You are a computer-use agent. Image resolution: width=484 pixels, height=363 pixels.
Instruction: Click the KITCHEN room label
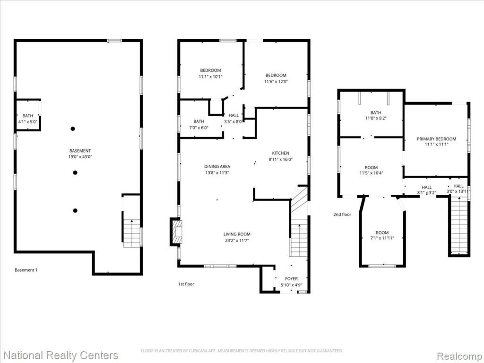coord(281,153)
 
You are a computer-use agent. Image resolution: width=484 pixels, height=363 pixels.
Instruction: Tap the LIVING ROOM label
coord(237,234)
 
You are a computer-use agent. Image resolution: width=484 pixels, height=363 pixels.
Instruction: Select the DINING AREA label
coord(217,167)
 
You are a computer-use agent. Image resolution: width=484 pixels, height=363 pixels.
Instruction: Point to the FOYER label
coord(291,279)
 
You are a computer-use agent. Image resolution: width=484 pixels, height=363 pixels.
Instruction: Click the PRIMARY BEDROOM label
coord(436,139)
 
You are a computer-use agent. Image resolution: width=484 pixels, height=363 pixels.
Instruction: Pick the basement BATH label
coord(28,116)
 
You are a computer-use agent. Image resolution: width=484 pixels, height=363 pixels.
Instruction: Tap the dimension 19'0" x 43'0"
coord(80,157)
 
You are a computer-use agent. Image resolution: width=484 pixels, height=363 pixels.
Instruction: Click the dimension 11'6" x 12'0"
coord(276,81)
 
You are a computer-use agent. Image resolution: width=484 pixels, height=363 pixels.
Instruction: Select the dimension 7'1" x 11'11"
coord(382,238)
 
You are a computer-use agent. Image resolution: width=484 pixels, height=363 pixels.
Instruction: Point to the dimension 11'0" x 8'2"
coord(376,118)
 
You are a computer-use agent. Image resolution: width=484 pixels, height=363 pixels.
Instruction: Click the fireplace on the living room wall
coord(176,232)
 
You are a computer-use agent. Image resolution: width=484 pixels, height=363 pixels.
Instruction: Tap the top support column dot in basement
coord(73,129)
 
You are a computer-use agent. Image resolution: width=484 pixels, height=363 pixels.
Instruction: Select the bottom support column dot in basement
coord(75,210)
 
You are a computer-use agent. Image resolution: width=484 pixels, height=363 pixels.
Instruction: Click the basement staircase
coord(132,233)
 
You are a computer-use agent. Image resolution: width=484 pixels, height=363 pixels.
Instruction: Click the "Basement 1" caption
coord(26,270)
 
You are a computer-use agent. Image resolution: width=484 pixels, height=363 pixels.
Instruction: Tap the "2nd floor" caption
coord(342,214)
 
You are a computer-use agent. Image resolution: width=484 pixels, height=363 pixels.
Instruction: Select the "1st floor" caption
coord(186,284)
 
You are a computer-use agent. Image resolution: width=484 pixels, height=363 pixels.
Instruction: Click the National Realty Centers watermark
coord(61,355)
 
